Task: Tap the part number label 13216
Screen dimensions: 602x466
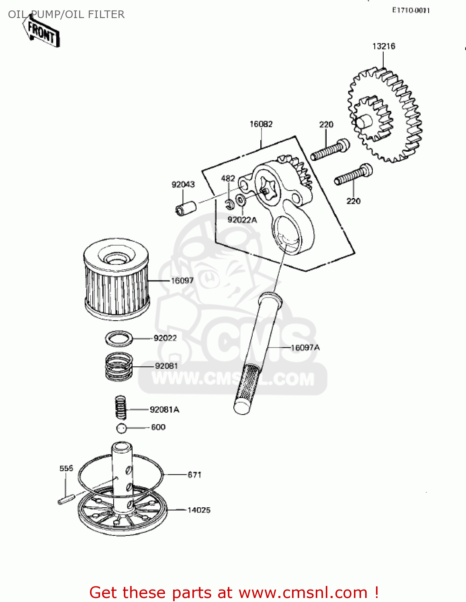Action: point(384,46)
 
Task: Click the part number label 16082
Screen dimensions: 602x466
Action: point(261,124)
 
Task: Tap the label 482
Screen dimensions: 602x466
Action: point(228,178)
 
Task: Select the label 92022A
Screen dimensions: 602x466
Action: point(242,220)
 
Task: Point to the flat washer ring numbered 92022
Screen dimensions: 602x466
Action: point(119,338)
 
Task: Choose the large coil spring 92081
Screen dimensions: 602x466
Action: point(119,366)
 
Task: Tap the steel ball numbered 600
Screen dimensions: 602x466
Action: point(121,428)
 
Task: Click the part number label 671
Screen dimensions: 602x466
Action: point(194,475)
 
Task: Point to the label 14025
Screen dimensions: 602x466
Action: point(199,510)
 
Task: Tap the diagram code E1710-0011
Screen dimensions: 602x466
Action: point(411,10)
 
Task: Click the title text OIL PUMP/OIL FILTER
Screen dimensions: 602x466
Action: point(66,14)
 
